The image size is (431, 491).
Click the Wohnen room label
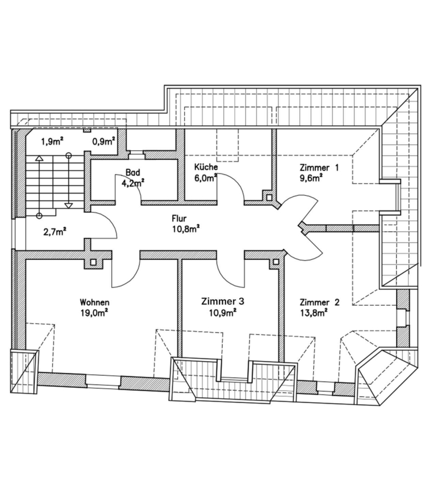point(94,302)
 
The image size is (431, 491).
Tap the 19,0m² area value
point(94,313)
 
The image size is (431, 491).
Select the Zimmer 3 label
point(223,302)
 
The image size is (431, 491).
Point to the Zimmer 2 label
point(319,302)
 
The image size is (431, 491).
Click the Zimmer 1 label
point(319,168)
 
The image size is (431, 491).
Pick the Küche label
point(206,166)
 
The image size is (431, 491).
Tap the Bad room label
point(132,172)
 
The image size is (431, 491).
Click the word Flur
point(179,218)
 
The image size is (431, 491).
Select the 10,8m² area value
point(186,229)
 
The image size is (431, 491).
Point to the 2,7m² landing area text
point(54,232)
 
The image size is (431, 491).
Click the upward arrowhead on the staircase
point(39,158)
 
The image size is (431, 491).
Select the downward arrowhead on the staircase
point(69,206)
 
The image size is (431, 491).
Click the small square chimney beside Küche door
point(269,197)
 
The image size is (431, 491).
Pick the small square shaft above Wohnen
point(93,262)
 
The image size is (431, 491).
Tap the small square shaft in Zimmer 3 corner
point(276,261)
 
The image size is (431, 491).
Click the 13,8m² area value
point(313,313)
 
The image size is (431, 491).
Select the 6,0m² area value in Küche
point(206,178)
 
